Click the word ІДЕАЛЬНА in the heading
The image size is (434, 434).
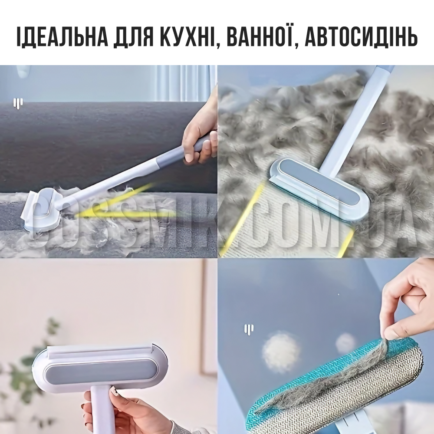pos(62,36)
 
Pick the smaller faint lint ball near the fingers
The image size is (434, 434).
pos(345,343)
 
